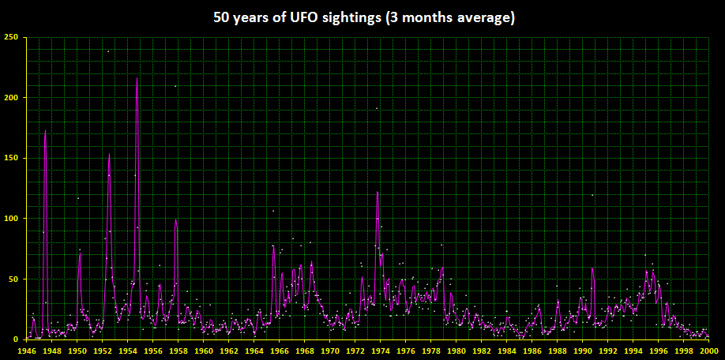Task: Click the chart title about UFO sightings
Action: [362, 17]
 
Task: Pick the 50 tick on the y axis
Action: [13, 279]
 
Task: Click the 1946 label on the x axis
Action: [28, 350]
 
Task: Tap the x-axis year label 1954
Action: [129, 350]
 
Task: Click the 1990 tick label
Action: [583, 350]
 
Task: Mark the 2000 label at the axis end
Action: [708, 350]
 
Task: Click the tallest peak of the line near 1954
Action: [137, 79]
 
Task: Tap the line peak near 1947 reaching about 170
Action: [45, 131]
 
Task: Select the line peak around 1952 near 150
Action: [109, 154]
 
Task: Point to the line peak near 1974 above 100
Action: [378, 193]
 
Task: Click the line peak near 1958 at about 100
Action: [175, 219]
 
